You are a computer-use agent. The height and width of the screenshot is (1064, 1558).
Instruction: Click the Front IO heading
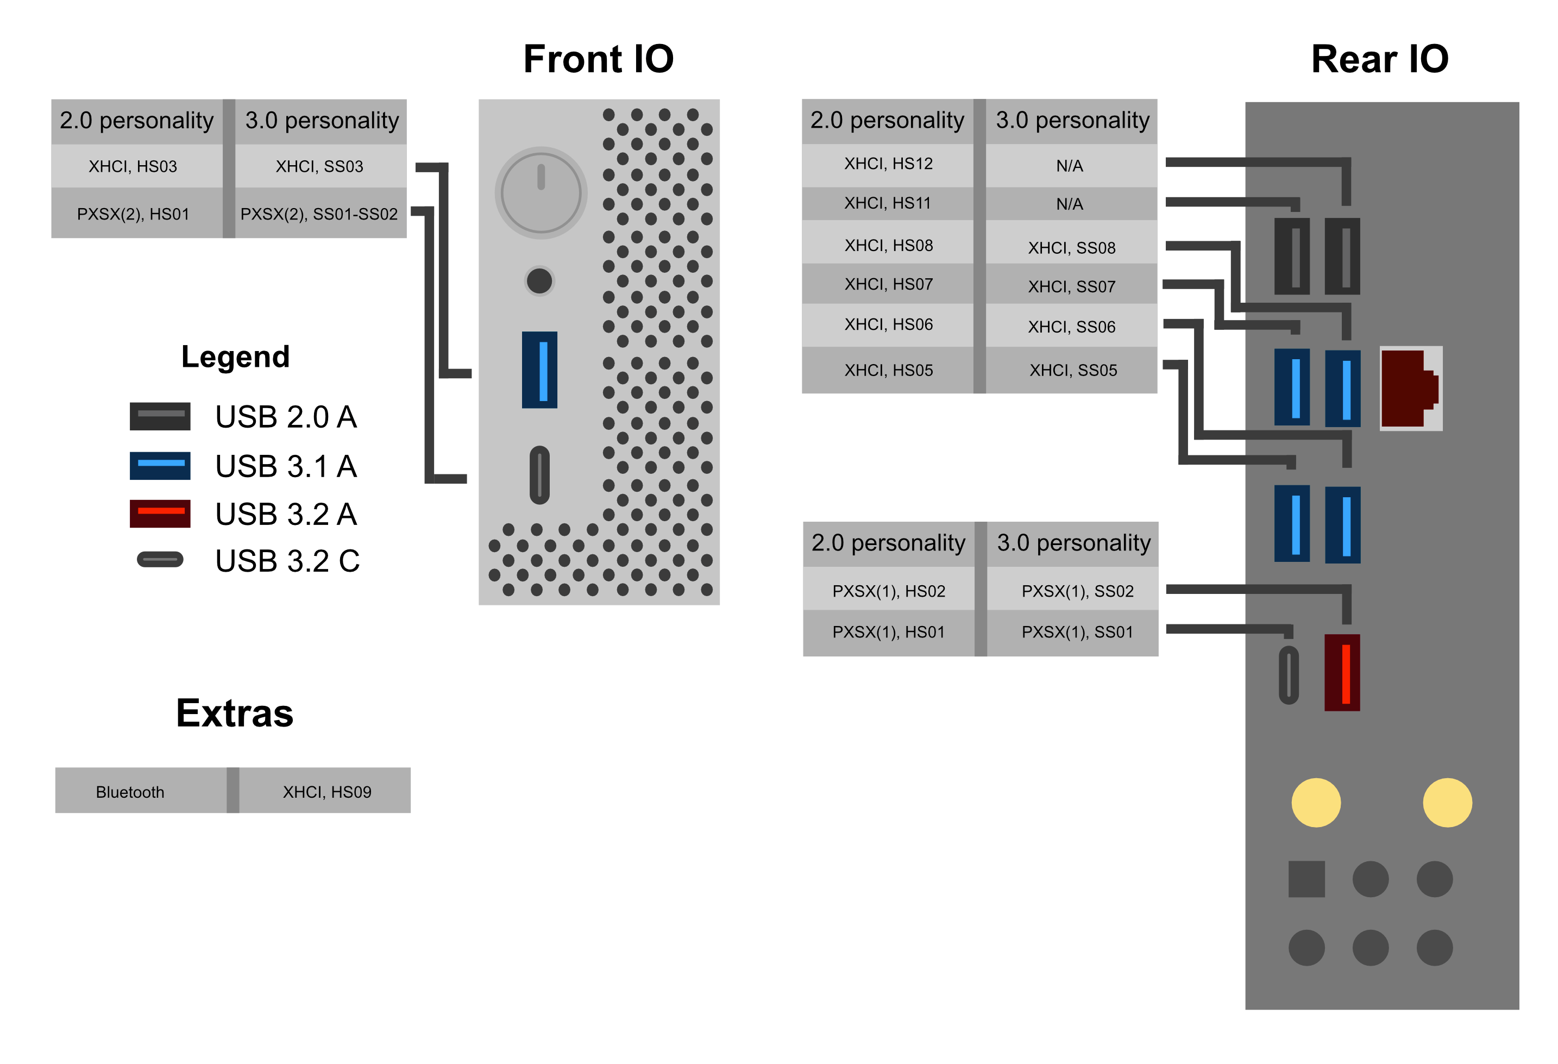598,59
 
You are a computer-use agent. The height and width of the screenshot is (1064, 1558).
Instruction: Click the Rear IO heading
1379,59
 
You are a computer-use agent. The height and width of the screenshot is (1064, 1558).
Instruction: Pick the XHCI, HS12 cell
888,164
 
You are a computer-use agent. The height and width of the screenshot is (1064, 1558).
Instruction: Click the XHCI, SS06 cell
1071,327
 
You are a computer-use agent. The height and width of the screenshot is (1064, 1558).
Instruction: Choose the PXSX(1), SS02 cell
1077,591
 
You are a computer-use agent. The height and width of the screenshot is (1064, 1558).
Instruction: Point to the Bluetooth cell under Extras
130,792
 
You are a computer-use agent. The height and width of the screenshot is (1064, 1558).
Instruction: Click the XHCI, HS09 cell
326,792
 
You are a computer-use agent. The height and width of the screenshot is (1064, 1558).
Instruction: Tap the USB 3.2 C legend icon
160,559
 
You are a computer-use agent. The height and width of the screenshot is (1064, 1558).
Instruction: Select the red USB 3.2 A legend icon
160,513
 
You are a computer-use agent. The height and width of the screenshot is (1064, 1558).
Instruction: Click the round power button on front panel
541,192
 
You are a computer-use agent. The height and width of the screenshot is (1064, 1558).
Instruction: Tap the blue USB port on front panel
539,370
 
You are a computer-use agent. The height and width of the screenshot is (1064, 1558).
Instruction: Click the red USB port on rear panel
1342,672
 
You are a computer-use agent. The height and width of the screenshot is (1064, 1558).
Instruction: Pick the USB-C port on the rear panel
1288,674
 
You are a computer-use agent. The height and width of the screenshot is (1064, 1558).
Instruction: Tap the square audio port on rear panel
1306,878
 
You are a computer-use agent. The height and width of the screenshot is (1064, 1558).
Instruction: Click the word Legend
235,356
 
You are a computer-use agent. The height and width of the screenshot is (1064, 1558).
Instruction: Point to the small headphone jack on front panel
539,281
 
